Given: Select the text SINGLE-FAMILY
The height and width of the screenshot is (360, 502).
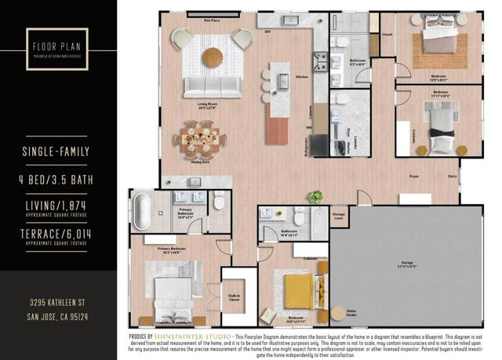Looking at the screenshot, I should point(59,151).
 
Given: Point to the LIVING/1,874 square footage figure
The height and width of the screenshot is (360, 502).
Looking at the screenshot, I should point(59,205).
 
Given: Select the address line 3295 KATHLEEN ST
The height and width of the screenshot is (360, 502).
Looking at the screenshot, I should point(59,303).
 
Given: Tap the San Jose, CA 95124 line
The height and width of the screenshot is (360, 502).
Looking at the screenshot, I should point(59,316).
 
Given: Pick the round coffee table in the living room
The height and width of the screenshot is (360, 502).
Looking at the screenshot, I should point(213,57).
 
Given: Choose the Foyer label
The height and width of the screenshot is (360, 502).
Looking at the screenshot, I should point(413,177).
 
